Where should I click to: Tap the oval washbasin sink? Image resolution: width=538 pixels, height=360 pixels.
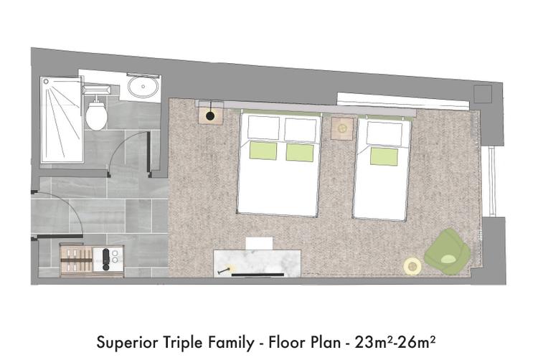click(x=143, y=87)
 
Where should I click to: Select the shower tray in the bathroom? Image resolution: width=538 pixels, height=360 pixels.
click(x=62, y=120)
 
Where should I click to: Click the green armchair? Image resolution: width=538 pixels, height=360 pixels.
click(x=448, y=252)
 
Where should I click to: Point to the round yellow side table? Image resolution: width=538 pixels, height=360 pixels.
click(x=412, y=266)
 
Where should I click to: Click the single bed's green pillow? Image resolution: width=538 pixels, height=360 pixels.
click(x=384, y=156)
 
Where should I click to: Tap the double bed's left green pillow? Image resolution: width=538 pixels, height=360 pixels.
click(x=263, y=151)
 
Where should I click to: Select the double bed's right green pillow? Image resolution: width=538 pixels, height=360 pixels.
click(x=300, y=153)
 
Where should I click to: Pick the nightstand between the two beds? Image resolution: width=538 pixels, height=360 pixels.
click(x=342, y=128)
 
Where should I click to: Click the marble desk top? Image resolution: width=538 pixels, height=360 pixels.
click(x=258, y=264)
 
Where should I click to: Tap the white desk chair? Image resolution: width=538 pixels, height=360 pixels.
click(x=260, y=243)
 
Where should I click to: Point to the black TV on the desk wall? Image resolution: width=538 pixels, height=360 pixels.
click(x=258, y=275)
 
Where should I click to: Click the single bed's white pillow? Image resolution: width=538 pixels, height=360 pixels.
click(x=384, y=133)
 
